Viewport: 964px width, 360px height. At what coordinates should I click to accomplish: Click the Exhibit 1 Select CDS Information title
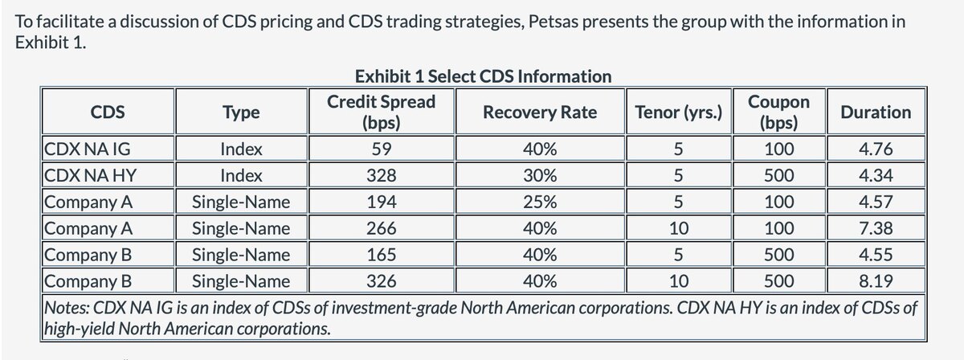point(482,76)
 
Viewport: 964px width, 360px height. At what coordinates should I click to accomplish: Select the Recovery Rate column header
point(539,112)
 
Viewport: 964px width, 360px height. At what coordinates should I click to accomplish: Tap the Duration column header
point(876,112)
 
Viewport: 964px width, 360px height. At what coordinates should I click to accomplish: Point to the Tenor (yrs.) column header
point(678,112)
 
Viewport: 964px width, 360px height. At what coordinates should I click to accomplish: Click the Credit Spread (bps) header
point(381,112)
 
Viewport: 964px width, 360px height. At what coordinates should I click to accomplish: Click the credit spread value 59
point(381,149)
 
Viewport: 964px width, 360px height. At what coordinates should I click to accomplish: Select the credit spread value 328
point(381,175)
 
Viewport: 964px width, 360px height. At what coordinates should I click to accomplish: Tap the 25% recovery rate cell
point(539,202)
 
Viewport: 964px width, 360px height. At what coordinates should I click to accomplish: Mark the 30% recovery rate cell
point(539,175)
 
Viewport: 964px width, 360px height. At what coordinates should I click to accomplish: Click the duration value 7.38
point(876,228)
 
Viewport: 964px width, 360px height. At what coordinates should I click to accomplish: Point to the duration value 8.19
point(876,281)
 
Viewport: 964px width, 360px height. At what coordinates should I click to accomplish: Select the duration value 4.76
point(876,149)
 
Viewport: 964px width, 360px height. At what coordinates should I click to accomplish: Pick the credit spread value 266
point(381,228)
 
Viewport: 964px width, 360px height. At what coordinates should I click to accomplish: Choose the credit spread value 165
point(381,255)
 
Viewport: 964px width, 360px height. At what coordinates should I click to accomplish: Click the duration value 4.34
point(876,175)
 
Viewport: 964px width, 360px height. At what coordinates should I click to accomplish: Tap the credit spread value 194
point(381,202)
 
